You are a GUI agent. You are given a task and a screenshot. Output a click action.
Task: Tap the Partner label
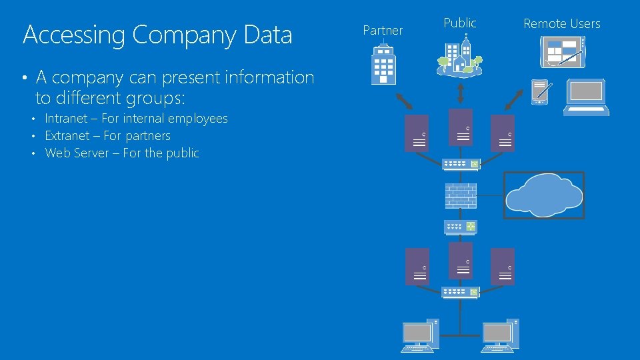(383, 31)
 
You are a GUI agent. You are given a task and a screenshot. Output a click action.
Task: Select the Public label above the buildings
(460, 23)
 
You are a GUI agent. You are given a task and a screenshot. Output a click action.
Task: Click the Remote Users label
(561, 24)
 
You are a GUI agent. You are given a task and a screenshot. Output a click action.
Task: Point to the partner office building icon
(383, 64)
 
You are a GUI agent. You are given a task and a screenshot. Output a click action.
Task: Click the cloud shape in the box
(543, 195)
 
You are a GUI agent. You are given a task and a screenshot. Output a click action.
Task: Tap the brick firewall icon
(461, 195)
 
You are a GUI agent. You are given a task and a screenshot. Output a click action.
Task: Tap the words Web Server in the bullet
(78, 153)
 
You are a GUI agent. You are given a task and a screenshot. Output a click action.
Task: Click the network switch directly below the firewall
(461, 227)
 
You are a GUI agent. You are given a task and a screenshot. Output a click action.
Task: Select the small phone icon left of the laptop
(540, 92)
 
